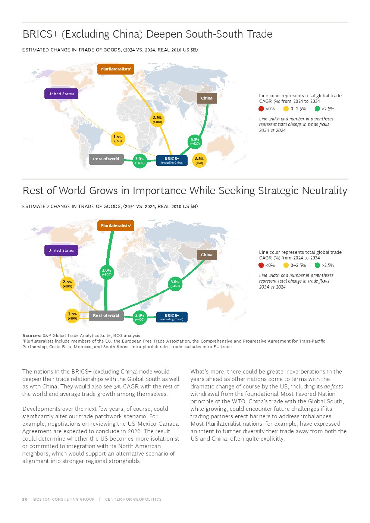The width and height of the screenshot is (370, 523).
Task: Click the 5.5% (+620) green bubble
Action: [195, 142]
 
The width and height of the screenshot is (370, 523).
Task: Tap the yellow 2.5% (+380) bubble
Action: [157, 120]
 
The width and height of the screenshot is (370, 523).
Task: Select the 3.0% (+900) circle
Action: [107, 272]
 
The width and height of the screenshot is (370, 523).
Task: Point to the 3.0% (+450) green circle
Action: [175, 284]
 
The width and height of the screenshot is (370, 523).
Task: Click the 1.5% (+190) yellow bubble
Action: [72, 316]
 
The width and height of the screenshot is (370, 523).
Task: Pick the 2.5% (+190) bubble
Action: [67, 284]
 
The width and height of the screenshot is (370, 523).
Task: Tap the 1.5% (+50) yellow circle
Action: [118, 139]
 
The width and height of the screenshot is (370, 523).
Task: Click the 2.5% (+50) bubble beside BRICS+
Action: [199, 160]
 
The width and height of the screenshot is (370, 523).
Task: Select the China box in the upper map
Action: [207, 98]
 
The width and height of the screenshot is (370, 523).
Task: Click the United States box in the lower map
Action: [61, 250]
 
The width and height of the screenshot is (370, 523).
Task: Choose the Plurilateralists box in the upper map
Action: [116, 69]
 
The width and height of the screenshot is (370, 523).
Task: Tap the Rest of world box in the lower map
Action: [106, 316]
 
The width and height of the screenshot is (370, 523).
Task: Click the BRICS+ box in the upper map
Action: [172, 160]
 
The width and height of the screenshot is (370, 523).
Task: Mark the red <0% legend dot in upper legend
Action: [261, 108]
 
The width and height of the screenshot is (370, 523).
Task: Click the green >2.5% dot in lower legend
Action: [317, 265]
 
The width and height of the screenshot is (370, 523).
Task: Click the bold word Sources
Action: [32, 335]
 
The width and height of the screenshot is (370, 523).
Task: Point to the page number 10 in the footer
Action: [25, 499]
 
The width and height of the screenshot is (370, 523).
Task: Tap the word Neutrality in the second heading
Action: [324, 190]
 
